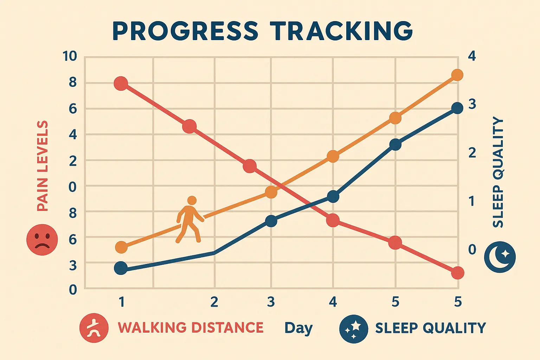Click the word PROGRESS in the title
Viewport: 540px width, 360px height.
[185, 31]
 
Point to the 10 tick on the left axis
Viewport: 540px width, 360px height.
[70, 56]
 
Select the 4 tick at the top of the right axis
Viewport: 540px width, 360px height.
[472, 56]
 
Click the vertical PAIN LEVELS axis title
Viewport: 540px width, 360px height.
[43, 166]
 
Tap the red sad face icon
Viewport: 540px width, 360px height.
[42, 240]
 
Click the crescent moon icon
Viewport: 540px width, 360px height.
[500, 257]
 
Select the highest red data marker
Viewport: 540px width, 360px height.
[121, 84]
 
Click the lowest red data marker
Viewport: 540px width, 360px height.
[457, 272]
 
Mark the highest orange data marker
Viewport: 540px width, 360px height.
[457, 75]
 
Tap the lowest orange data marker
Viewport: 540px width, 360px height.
[121, 247]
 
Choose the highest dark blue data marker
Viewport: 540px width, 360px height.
[457, 108]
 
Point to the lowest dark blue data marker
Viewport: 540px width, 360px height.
[121, 268]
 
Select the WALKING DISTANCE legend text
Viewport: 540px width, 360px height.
[191, 328]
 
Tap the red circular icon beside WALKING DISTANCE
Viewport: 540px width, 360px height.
[94, 328]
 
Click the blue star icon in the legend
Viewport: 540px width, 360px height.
[354, 329]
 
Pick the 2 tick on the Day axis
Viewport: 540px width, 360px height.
[214, 302]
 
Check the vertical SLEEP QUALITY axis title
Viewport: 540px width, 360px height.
[498, 172]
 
